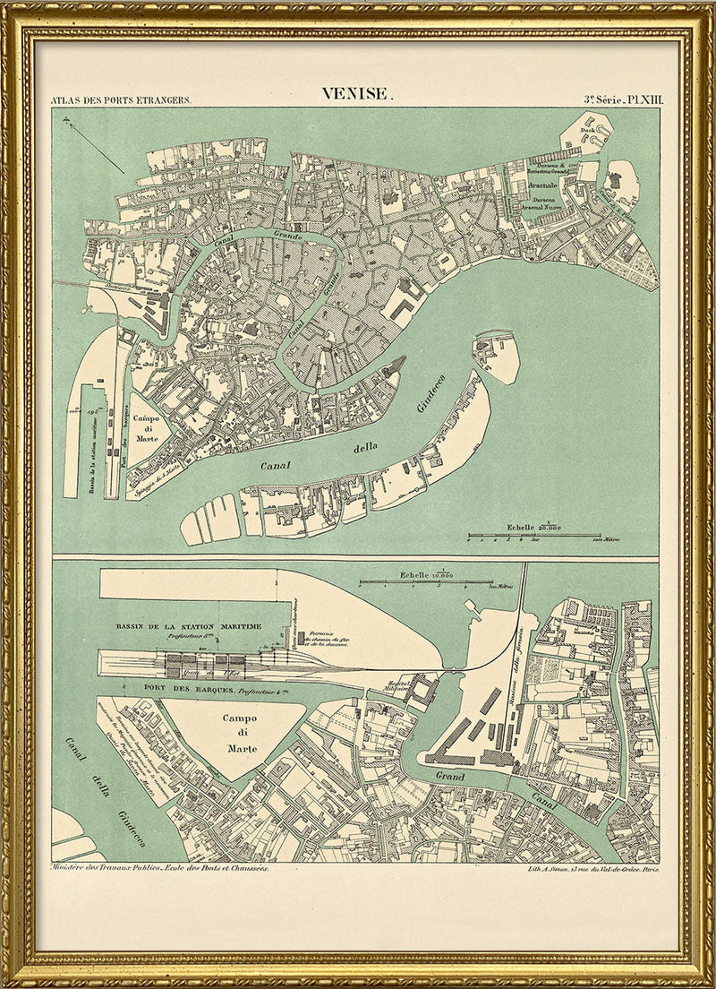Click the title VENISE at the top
[356, 94]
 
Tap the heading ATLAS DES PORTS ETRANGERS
[121, 100]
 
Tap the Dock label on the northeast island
[587, 130]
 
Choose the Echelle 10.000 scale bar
[426, 581]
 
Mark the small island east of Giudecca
[495, 356]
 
